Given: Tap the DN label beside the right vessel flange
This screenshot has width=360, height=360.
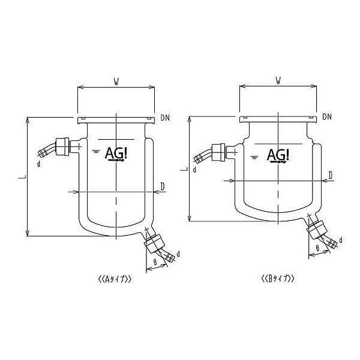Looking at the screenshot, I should pos(327,115).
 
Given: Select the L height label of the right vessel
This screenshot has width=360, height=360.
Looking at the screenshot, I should pos(184,170).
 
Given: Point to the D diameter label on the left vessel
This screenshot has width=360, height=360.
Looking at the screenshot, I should pos(163,187).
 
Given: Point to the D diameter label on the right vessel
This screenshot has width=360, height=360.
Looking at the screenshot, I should pos(330,174).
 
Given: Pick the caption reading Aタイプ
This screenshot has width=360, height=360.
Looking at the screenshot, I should pos(113,278).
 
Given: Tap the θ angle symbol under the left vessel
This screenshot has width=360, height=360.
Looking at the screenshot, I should pos(155,262).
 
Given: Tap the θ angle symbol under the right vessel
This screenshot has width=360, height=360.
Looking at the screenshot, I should pos(317,247).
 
